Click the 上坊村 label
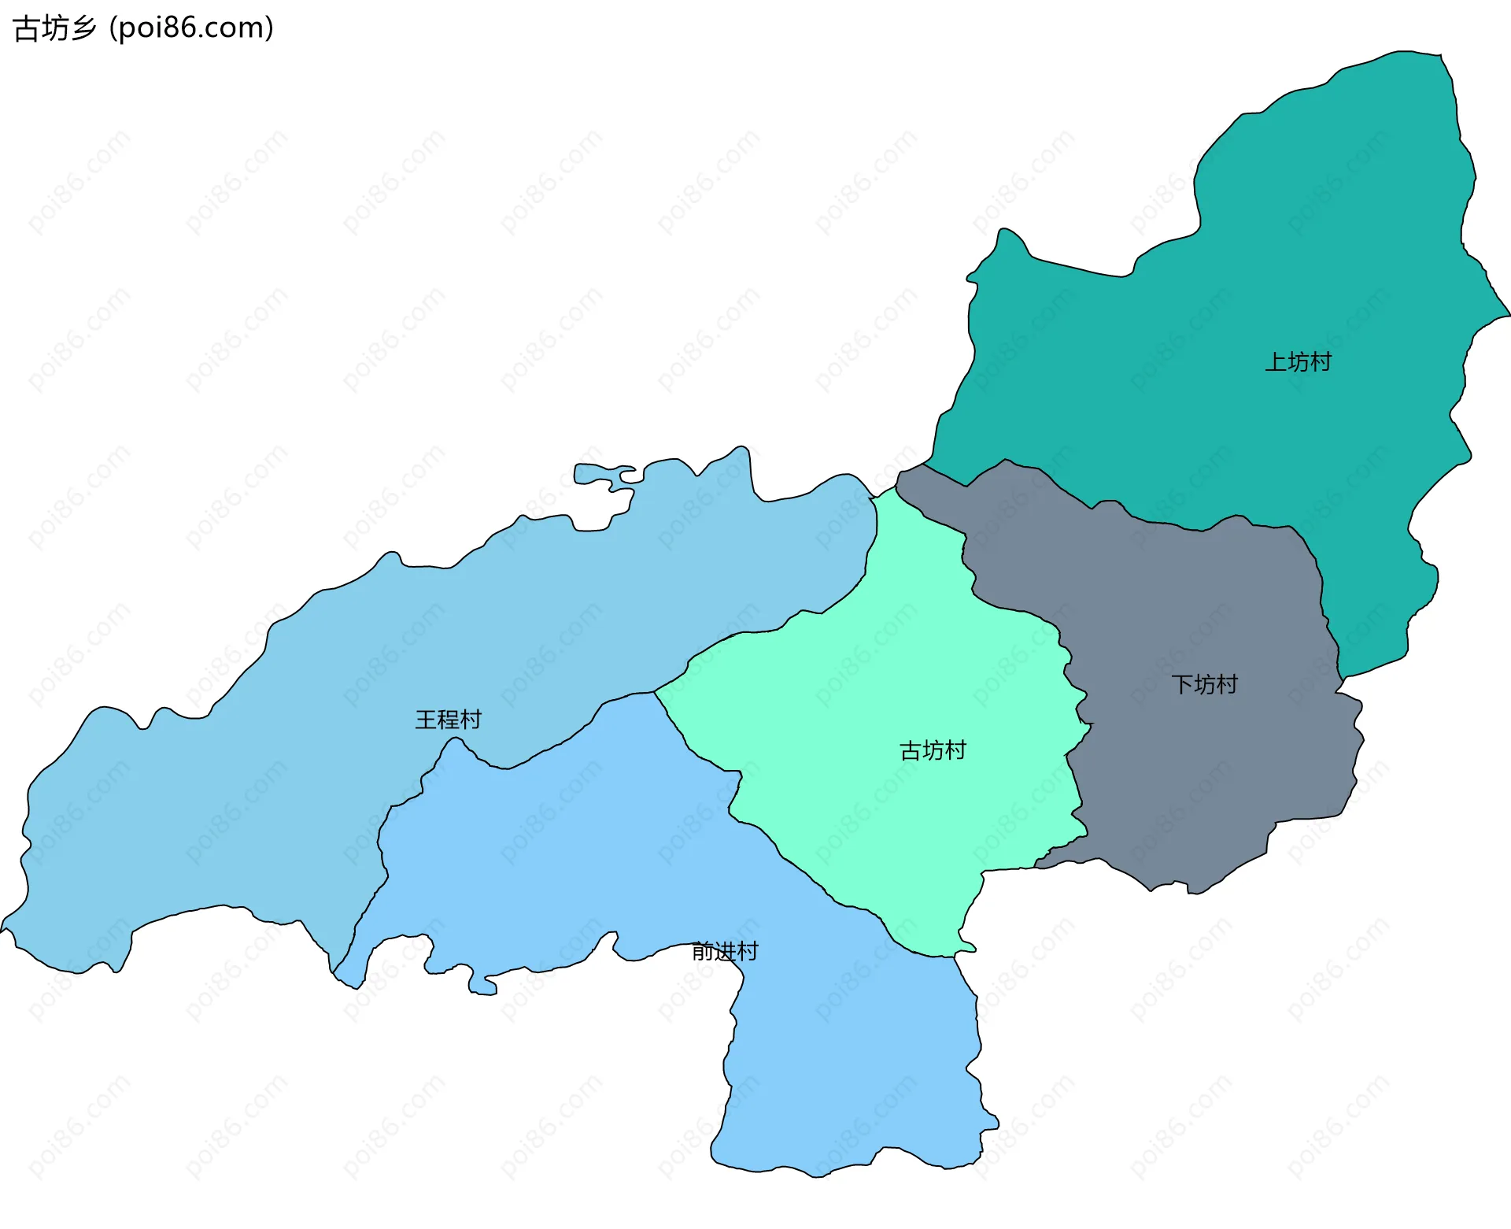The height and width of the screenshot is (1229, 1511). tap(1298, 362)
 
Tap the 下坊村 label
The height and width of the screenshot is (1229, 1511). tap(1204, 684)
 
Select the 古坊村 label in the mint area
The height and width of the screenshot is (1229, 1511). tap(933, 750)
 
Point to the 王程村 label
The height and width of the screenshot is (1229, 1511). tap(448, 720)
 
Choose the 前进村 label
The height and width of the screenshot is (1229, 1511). tap(724, 951)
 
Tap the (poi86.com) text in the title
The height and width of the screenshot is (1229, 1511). tap(192, 28)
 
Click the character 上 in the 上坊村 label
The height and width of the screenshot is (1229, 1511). tap(1276, 362)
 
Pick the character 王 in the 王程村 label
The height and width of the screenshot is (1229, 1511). tap(426, 720)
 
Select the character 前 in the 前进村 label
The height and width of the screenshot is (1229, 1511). tap(702, 951)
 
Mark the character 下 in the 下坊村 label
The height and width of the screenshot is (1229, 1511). tap(1182, 684)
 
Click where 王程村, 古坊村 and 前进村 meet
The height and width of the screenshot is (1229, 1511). tap(655, 692)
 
